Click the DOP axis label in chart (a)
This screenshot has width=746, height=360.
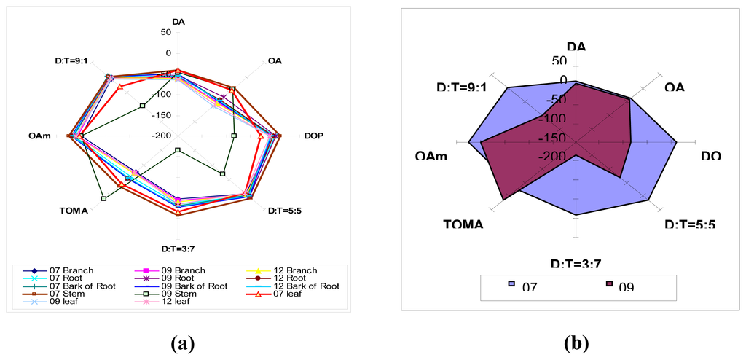tap(314, 136)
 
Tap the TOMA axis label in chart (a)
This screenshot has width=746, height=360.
tap(74, 211)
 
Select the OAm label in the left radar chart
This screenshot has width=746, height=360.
tap(39, 136)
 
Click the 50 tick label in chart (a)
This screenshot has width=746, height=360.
tap(166, 33)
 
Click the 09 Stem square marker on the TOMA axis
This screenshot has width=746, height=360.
tap(104, 198)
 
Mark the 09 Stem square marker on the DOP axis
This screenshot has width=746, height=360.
tap(234, 136)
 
